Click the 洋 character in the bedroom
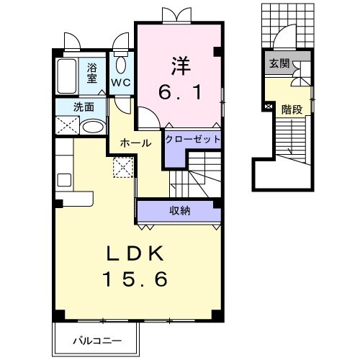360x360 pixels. (x=179, y=64)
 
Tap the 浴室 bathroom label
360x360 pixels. (x=92, y=72)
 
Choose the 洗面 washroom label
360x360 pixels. (x=83, y=107)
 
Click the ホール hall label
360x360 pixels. (x=136, y=143)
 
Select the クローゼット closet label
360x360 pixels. (x=192, y=138)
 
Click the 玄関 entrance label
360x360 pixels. (x=279, y=64)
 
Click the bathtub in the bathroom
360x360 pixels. (x=69, y=76)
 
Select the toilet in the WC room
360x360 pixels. (x=120, y=66)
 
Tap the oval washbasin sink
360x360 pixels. (x=91, y=127)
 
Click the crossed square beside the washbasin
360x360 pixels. (x=68, y=126)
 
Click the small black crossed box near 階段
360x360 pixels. (x=269, y=107)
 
